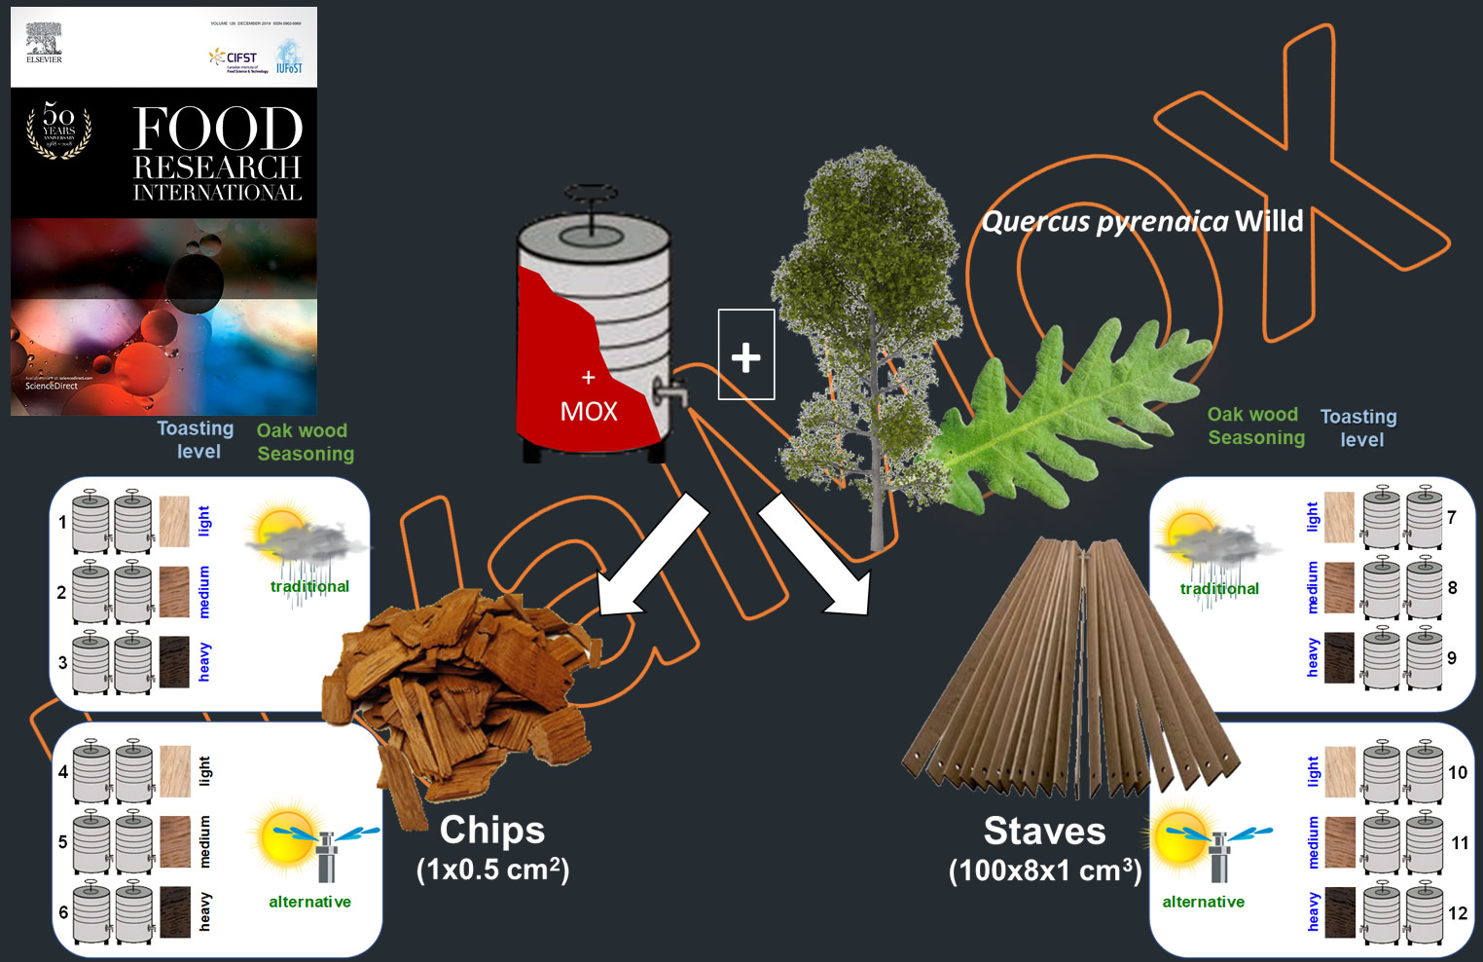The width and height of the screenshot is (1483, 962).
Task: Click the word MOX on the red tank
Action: [589, 412]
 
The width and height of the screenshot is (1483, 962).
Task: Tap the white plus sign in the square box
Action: [746, 356]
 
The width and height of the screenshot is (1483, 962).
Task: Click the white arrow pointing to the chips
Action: [652, 556]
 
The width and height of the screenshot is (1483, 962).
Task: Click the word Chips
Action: [492, 831]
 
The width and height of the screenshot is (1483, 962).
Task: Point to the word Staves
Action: [1044, 832]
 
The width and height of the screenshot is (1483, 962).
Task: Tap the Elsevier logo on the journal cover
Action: [44, 43]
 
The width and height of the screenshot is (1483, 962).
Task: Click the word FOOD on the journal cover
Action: [217, 129]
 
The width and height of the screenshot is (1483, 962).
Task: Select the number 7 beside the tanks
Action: [1451, 517]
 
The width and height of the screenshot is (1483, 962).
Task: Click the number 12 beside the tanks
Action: [1457, 913]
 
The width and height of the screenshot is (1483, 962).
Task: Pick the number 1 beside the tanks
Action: [62, 522]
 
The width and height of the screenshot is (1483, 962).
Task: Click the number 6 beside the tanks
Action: [63, 912]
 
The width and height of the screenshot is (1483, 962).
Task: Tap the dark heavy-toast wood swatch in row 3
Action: [174, 662]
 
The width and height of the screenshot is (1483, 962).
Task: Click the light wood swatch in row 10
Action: [1339, 772]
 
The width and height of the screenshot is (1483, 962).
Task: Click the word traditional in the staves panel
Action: [1219, 589]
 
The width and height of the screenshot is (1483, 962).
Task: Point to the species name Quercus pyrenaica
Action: [1105, 222]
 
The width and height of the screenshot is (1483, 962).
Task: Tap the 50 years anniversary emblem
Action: [58, 130]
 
